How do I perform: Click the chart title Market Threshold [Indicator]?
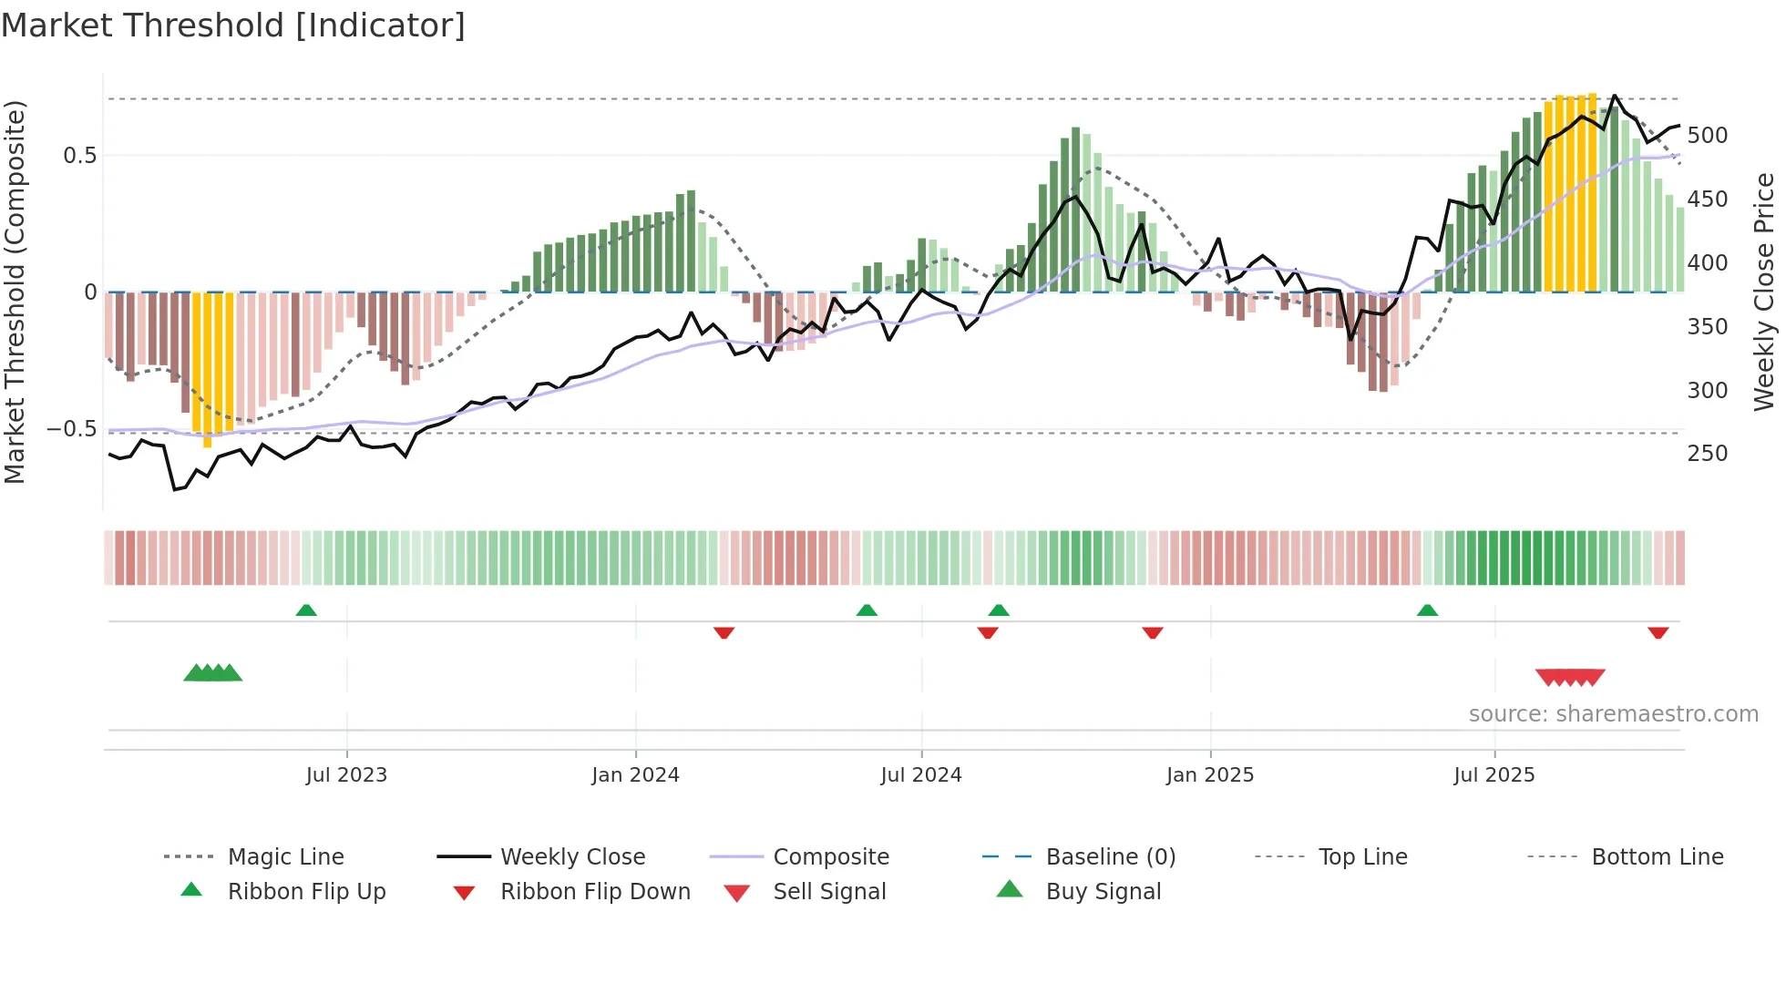[233, 26]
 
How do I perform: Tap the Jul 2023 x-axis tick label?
[346, 775]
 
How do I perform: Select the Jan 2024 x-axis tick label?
[635, 775]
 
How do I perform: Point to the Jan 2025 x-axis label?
[1210, 775]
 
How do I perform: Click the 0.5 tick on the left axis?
[80, 156]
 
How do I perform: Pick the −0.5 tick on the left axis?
[72, 429]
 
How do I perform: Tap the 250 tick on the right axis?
[1707, 454]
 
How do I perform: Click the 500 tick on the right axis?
[1707, 136]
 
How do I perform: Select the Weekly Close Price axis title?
[1764, 292]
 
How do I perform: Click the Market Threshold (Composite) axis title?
[15, 292]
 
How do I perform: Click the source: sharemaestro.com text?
[1613, 714]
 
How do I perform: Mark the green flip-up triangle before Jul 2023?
[306, 610]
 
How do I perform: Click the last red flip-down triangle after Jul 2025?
[1658, 632]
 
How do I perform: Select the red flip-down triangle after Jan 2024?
[724, 632]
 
